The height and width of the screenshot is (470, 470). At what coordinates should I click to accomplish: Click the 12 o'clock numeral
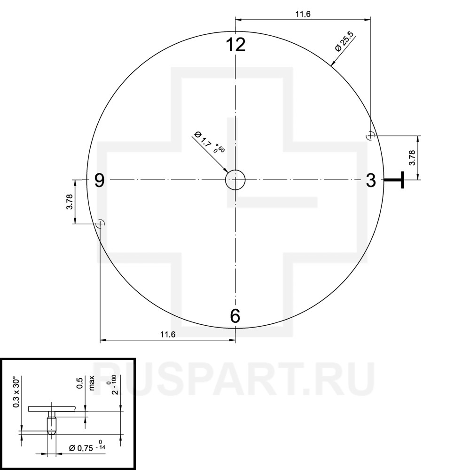point(235,45)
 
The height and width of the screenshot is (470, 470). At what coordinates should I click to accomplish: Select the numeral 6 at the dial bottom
point(235,316)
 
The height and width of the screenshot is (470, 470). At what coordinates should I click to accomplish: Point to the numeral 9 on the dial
point(100,180)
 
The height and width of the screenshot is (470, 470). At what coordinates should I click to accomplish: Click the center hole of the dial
point(235,180)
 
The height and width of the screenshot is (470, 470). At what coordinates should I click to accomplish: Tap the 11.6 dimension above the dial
point(303,14)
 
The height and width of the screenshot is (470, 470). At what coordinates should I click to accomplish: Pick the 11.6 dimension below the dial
point(168,335)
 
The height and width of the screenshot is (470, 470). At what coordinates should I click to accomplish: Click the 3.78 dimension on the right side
point(412,157)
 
